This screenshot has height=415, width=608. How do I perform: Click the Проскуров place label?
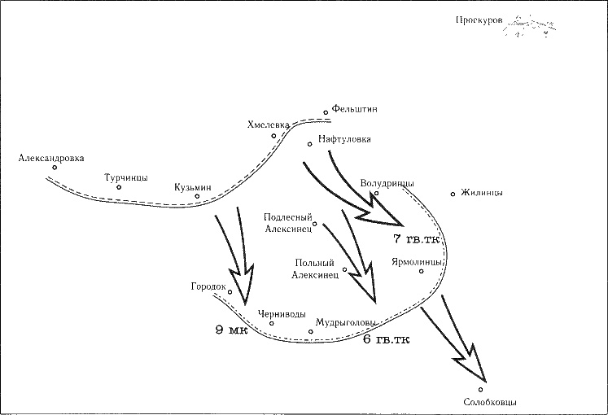click(479, 20)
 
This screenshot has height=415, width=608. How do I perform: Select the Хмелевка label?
click(269, 124)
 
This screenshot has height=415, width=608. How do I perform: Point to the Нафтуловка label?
click(345, 139)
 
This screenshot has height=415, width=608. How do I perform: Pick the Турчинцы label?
click(126, 177)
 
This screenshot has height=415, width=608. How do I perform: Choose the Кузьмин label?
click(192, 187)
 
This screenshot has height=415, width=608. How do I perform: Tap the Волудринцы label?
click(387, 183)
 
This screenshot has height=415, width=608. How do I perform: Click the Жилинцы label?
click(481, 193)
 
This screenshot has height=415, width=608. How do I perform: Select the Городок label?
click(208, 287)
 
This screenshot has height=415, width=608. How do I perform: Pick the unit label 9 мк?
click(231, 330)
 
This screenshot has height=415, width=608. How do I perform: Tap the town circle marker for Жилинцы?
click(453, 194)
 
